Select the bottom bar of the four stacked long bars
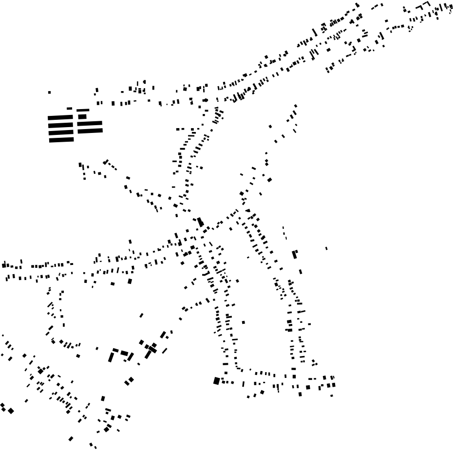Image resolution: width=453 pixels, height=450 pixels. tap(61, 140)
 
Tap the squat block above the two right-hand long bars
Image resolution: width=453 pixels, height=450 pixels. tap(82, 116)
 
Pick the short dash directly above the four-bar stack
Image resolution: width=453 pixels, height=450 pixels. tap(69, 109)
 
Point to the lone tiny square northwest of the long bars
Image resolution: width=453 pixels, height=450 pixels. tap(49, 92)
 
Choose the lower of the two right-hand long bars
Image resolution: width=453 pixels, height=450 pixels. tap(90, 131)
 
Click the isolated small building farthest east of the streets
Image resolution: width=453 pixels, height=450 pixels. tap(326, 248)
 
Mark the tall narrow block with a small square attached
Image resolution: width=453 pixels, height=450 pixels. tap(294, 254)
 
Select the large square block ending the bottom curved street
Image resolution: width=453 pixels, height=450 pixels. tap(217, 381)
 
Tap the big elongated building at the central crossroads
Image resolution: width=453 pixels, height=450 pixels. tap(200, 222)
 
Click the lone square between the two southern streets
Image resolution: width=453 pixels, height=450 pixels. tap(243, 322)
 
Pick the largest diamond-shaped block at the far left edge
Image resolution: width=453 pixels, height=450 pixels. tap(11, 411)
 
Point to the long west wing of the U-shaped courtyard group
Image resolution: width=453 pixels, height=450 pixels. tap(111, 357)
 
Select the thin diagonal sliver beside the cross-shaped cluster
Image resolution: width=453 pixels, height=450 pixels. tap(165, 350)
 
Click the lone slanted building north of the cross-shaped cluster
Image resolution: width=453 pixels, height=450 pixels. tap(142, 316)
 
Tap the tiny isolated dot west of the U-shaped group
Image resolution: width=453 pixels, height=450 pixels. tap(97, 348)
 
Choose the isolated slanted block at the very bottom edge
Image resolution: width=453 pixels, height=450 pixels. tap(71, 439)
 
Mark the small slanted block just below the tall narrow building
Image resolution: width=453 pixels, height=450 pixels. tap(300, 272)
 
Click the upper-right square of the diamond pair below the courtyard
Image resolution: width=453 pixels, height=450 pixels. tap(132, 379)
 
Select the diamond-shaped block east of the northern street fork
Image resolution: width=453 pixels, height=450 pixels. tap(269, 180)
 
